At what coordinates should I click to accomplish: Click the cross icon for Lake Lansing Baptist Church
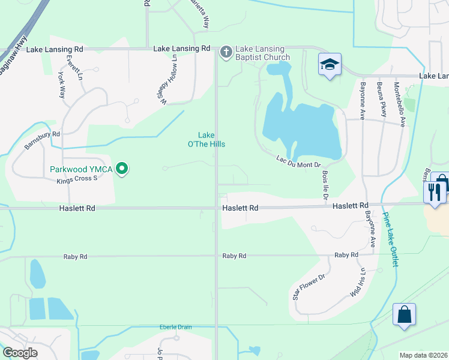[x=226, y=52]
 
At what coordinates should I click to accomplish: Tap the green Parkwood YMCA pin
[x=122, y=169]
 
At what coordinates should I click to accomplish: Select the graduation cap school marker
[x=330, y=65]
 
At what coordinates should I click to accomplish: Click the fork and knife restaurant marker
[x=434, y=192]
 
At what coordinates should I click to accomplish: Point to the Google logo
[x=20, y=353]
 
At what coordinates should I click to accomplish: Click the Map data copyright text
[x=423, y=355]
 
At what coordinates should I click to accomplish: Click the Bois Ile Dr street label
[x=326, y=181]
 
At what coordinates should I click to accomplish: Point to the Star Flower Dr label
[x=308, y=287]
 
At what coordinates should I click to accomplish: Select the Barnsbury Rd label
[x=43, y=140]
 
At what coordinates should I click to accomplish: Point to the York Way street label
[x=61, y=85]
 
